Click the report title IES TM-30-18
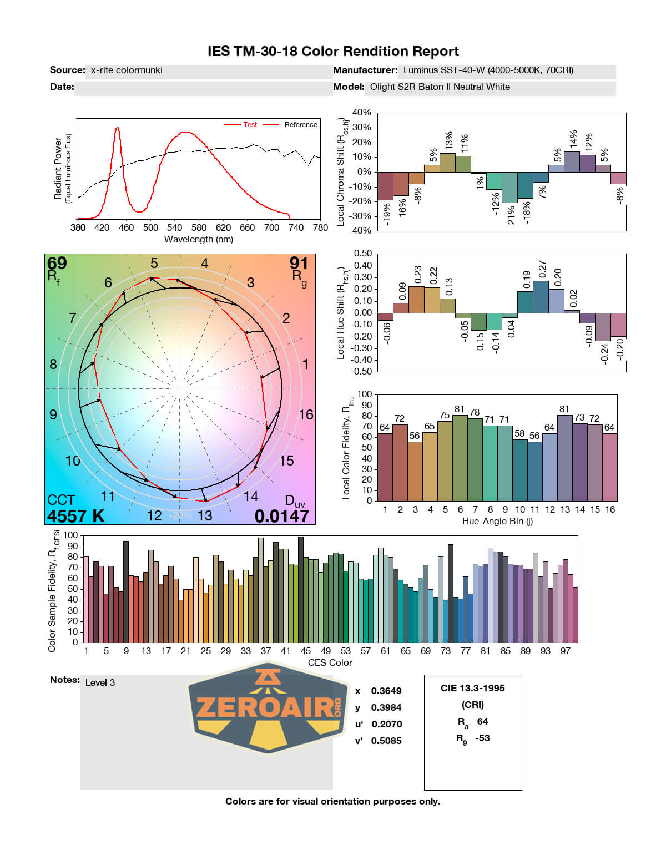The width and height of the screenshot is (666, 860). pyautogui.click(x=333, y=52)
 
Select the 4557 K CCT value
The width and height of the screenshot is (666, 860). pyautogui.click(x=75, y=516)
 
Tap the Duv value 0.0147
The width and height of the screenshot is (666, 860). pyautogui.click(x=281, y=516)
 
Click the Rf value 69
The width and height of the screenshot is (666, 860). pyautogui.click(x=57, y=262)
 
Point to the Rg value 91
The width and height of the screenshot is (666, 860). pyautogui.click(x=299, y=262)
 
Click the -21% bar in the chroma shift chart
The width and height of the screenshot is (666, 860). pyautogui.click(x=509, y=188)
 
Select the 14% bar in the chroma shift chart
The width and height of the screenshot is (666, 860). pyautogui.click(x=572, y=161)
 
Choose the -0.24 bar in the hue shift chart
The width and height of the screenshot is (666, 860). pyautogui.click(x=603, y=327)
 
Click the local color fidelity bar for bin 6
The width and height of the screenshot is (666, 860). pyautogui.click(x=460, y=458)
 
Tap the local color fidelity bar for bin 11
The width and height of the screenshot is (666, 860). pyautogui.click(x=534, y=471)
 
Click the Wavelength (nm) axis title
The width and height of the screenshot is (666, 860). pyautogui.click(x=199, y=240)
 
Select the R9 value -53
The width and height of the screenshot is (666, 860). pyautogui.click(x=482, y=738)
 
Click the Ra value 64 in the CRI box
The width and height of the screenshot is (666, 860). pyautogui.click(x=482, y=721)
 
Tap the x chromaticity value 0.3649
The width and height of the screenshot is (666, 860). pyautogui.click(x=386, y=691)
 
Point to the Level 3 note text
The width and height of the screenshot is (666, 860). pyautogui.click(x=100, y=682)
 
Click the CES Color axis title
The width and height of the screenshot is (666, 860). pyautogui.click(x=330, y=662)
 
